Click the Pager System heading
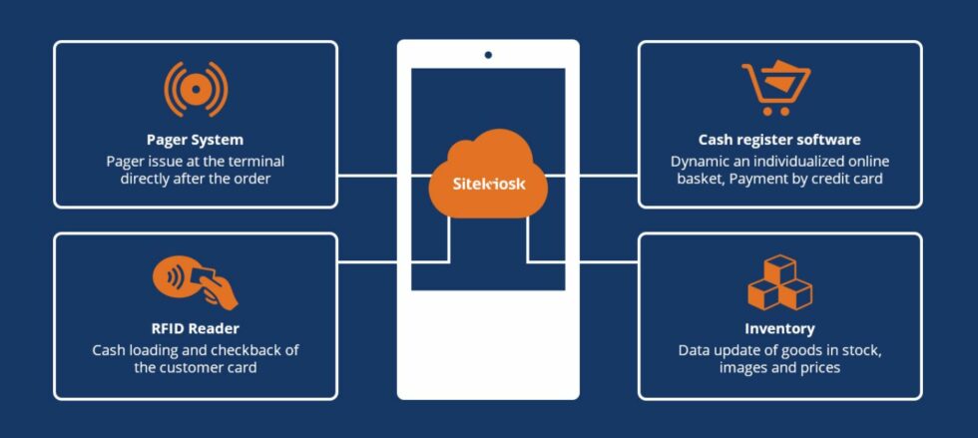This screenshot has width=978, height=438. pyautogui.click(x=196, y=139)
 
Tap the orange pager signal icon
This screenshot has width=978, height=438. pyautogui.click(x=196, y=89)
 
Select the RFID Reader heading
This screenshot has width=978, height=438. pyautogui.click(x=196, y=328)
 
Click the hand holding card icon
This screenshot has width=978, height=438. pyautogui.click(x=196, y=284)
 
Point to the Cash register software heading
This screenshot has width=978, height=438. pyautogui.click(x=779, y=139)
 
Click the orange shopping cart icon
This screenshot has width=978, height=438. pyautogui.click(x=776, y=88)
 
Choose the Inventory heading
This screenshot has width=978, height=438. pyautogui.click(x=779, y=328)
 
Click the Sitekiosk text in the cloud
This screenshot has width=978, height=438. pyautogui.click(x=488, y=184)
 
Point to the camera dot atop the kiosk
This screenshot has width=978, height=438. pyautogui.click(x=488, y=55)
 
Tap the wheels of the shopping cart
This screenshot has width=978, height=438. pyautogui.click(x=776, y=111)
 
